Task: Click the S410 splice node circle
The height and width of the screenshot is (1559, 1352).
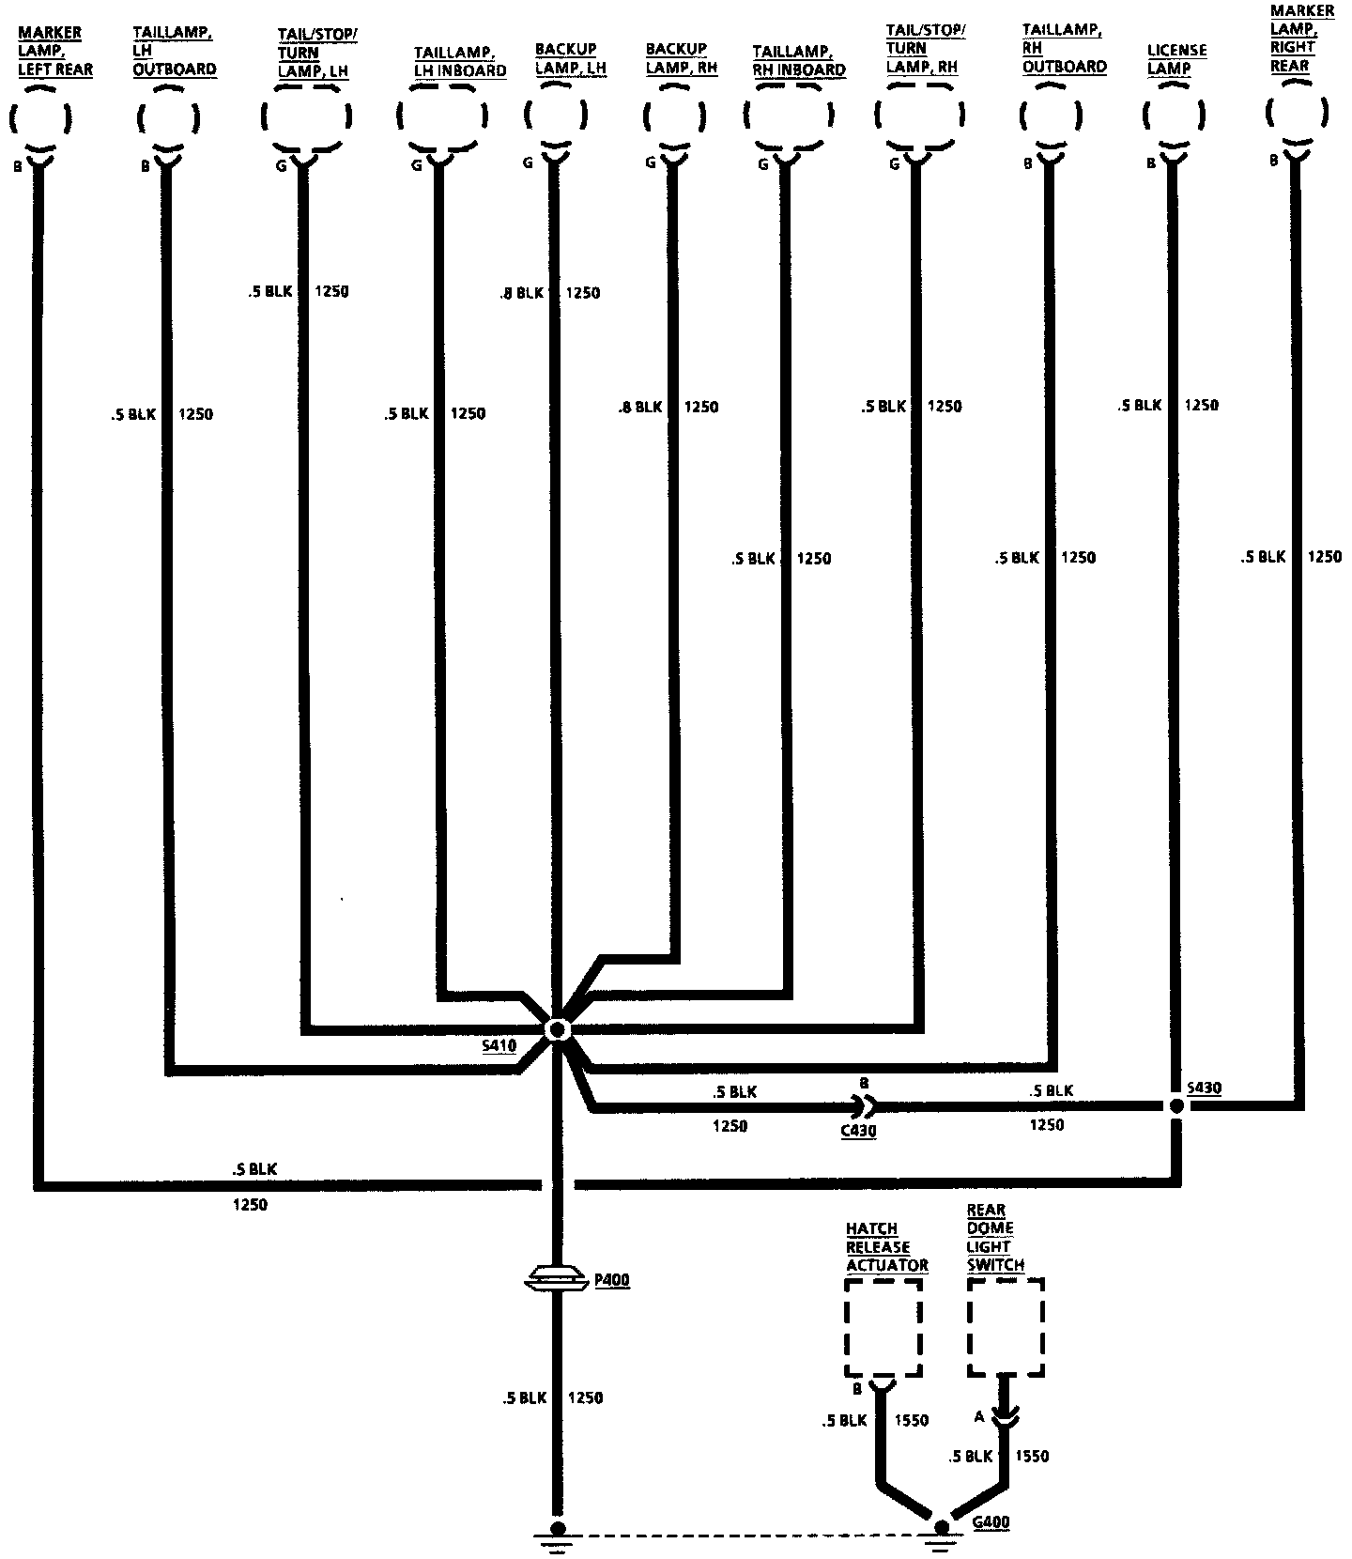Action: [557, 1029]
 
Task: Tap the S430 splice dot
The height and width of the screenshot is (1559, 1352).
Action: [1176, 1106]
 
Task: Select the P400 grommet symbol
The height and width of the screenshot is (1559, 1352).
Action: [558, 1278]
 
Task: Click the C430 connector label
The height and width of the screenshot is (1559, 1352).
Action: [858, 1131]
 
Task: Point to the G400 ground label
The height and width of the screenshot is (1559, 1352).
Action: [992, 1522]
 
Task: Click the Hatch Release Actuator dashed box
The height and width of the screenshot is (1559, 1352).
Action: [882, 1327]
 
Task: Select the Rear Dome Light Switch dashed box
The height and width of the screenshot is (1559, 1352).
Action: [1005, 1327]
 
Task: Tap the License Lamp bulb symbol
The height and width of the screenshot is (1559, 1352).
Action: [1173, 117]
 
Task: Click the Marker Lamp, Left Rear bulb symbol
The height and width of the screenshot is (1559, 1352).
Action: [40, 117]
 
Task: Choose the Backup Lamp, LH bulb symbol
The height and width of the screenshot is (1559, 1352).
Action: [555, 117]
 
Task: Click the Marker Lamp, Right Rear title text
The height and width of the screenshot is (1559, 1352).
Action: [1300, 38]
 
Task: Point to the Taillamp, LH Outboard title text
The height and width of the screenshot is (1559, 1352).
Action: [174, 51]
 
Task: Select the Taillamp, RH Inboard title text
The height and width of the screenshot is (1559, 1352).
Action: [798, 60]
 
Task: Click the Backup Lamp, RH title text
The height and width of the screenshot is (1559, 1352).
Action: [681, 57]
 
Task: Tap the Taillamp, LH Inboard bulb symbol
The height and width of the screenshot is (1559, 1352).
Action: [441, 117]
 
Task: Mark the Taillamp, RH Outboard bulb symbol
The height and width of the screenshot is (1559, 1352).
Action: [1051, 117]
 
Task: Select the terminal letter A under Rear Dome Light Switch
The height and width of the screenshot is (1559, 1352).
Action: [979, 1418]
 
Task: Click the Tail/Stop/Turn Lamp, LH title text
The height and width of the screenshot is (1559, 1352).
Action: [316, 53]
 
